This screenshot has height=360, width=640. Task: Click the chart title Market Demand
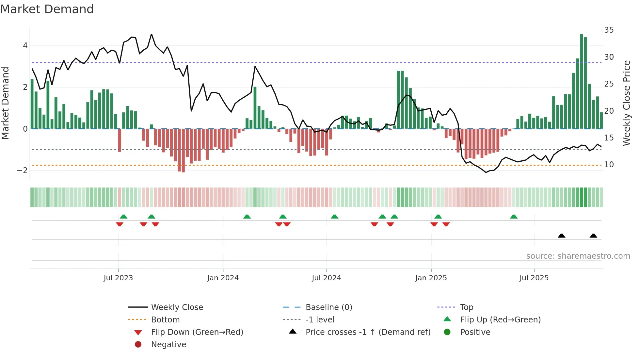[47, 9]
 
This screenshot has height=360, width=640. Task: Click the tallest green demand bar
[582, 82]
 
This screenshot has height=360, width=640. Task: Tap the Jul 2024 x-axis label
[326, 278]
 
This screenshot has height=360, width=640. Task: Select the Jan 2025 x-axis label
[431, 278]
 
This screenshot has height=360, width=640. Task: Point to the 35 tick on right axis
[609, 30]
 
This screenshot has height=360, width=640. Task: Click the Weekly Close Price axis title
[626, 103]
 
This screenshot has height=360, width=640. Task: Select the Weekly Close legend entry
[177, 307]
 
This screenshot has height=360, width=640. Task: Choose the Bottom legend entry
[165, 320]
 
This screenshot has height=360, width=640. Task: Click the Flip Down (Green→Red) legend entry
[197, 332]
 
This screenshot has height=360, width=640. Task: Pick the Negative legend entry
[168, 345]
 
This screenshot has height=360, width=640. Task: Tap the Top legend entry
[467, 307]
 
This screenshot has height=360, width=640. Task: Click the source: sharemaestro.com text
[578, 256]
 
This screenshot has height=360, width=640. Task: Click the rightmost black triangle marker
[593, 236]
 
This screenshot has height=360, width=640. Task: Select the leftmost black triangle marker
[562, 236]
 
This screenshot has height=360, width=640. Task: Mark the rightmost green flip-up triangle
[514, 217]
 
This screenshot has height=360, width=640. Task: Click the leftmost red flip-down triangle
[120, 224]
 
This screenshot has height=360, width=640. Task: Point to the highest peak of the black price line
[152, 34]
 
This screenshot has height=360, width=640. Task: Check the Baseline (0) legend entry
[328, 307]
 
